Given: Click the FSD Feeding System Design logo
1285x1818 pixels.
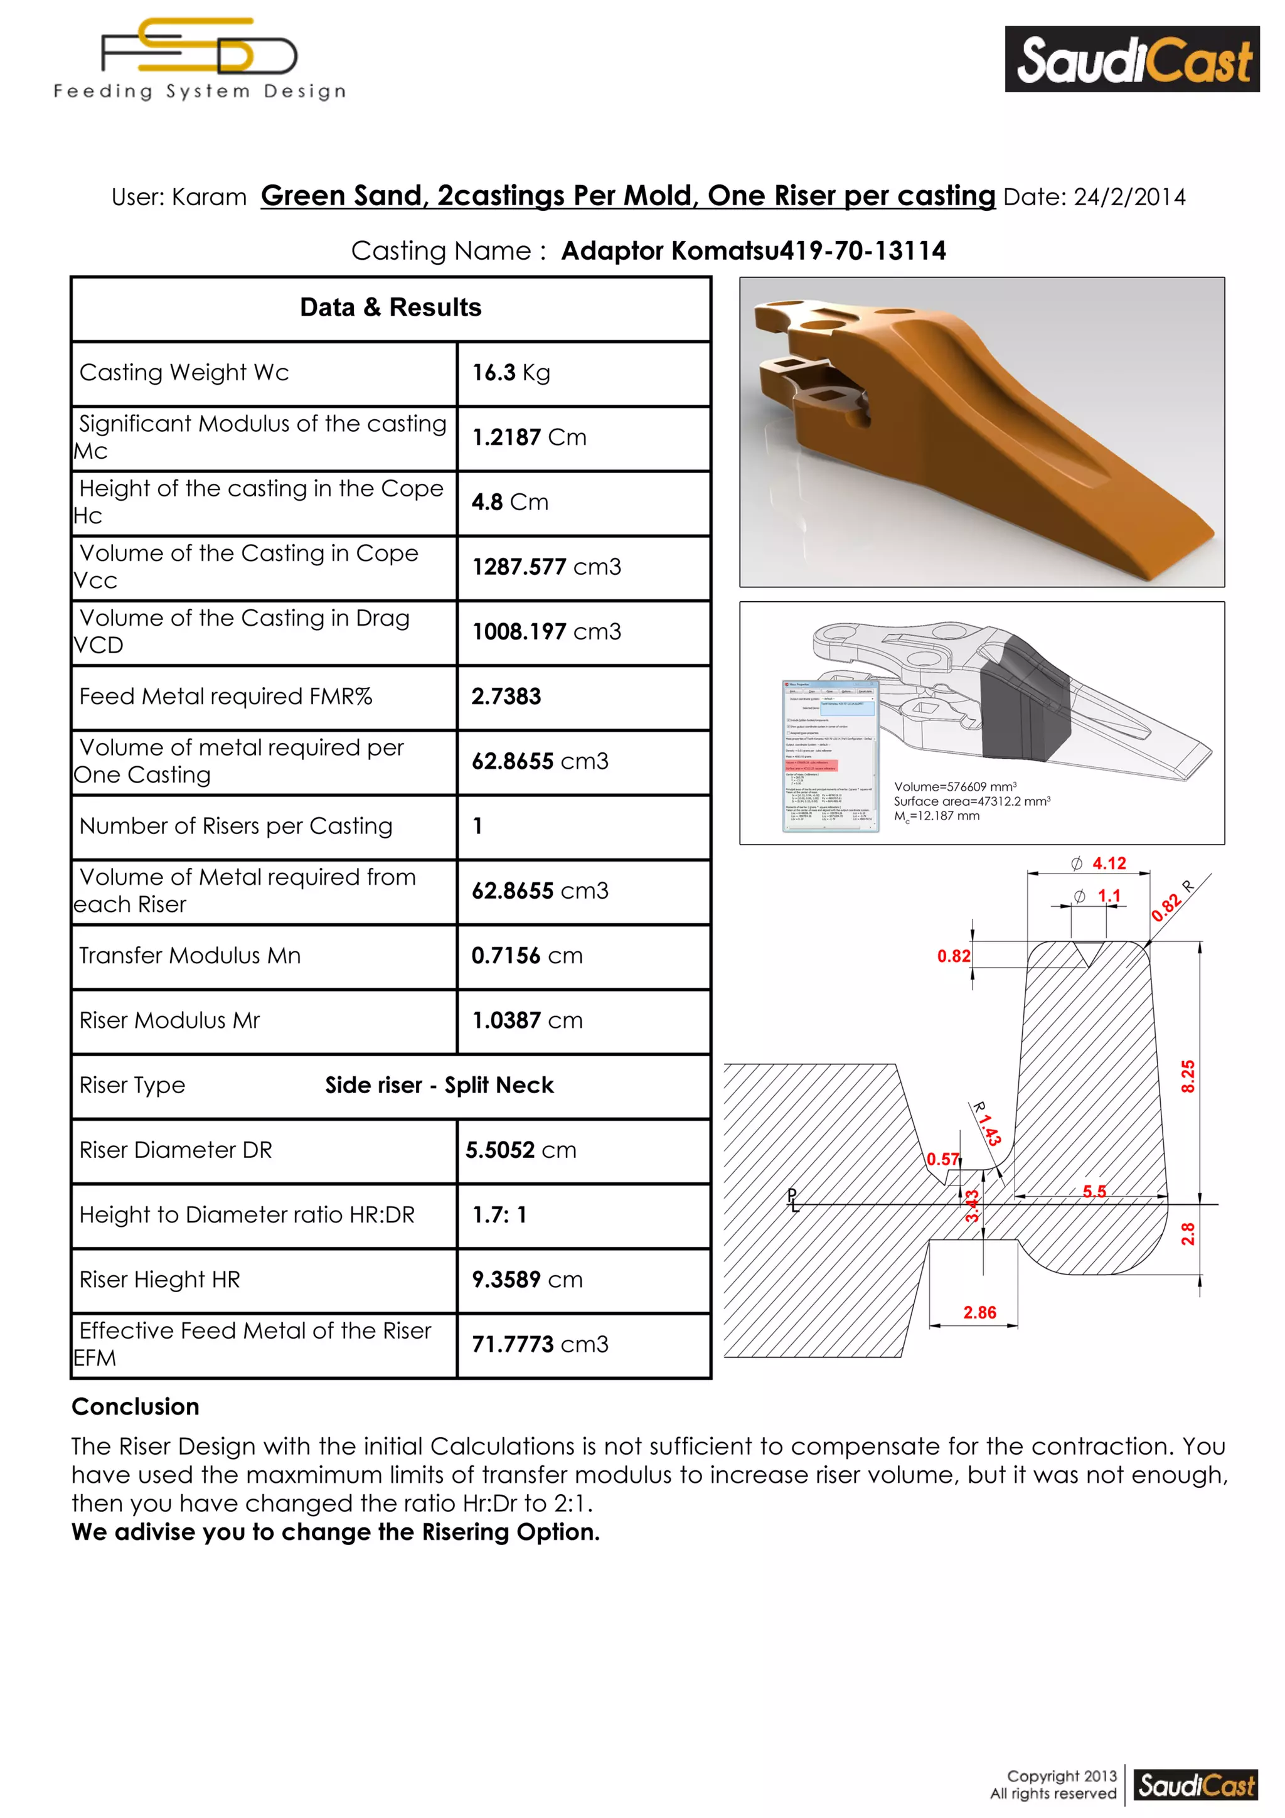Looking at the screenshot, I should [200, 60].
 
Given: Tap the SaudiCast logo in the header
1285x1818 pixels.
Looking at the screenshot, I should [1132, 60].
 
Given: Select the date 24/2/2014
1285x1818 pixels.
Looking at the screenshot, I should [1129, 197].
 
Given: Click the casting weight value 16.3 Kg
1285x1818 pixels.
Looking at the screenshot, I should [511, 373].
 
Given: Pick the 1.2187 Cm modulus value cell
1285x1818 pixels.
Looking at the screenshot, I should [529, 438].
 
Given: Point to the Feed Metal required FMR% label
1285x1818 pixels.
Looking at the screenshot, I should [226, 697].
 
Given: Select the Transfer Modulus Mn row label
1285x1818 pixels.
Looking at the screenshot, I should [190, 956].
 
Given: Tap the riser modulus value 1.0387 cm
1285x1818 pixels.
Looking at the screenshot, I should [526, 1020].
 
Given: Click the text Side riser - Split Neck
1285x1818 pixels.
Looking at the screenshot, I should [439, 1086].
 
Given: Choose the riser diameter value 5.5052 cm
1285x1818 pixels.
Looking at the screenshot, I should [520, 1150].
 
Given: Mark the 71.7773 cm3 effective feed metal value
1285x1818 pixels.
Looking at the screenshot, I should [540, 1344].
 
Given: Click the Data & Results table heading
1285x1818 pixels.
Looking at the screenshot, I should [390, 307].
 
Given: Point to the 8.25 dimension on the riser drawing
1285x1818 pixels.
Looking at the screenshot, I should [1188, 1076].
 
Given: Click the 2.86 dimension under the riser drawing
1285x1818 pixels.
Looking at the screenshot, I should [979, 1313].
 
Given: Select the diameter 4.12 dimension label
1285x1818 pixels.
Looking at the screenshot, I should [1109, 864].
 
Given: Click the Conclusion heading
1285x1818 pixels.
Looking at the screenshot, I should [136, 1406].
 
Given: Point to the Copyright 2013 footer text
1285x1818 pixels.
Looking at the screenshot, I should [1061, 1776].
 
